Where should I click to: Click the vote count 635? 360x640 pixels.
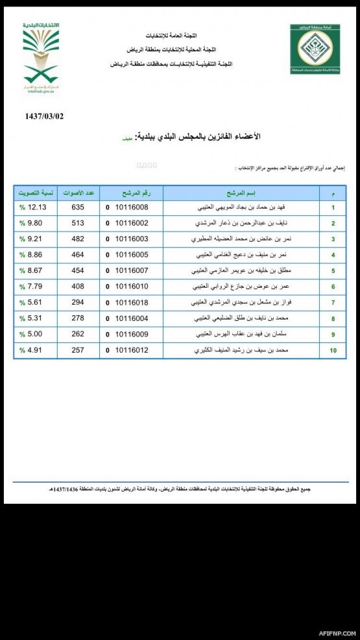(78, 208)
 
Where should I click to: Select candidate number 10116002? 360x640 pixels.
(132, 224)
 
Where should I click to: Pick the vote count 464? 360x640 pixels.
(78, 255)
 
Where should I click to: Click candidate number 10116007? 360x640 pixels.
(132, 270)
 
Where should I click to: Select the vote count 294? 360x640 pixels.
(78, 302)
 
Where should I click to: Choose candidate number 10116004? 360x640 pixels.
(132, 318)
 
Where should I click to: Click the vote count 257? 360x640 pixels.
(78, 350)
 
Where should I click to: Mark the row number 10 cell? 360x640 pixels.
(333, 351)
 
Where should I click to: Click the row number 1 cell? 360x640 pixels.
(333, 208)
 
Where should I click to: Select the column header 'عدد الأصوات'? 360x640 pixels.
(78, 193)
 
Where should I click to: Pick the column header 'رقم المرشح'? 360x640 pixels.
(132, 193)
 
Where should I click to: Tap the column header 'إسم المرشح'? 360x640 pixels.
(241, 193)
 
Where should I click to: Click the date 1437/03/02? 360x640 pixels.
(45, 117)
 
